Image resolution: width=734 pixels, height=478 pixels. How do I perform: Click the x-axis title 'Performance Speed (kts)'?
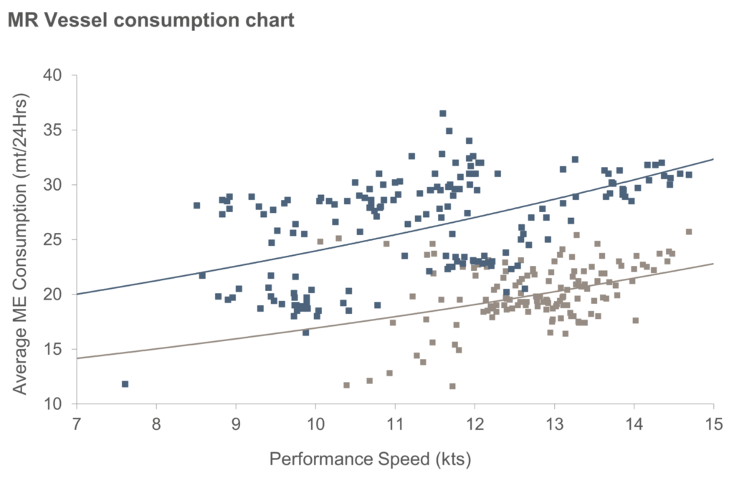pyautogui.click(x=370, y=457)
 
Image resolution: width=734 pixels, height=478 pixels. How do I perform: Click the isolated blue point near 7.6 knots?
pyautogui.click(x=125, y=384)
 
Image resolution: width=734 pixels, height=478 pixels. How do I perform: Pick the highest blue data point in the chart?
pyautogui.click(x=442, y=113)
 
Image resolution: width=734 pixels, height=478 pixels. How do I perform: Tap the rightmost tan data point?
pyautogui.click(x=689, y=231)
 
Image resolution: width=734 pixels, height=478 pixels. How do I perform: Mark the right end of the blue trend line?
pyautogui.click(x=713, y=159)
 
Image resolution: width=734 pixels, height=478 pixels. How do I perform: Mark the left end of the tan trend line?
pyautogui.click(x=76, y=358)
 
